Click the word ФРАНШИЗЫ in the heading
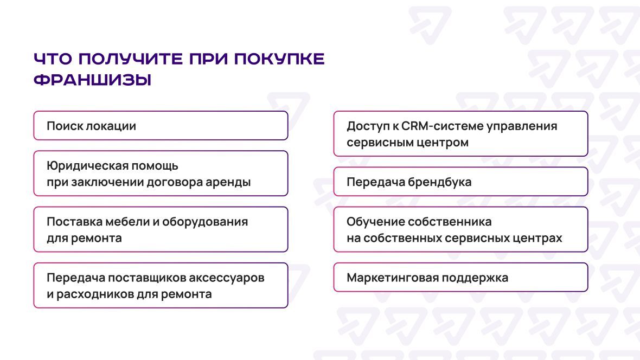(x=93, y=80)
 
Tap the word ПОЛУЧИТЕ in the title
(x=131, y=59)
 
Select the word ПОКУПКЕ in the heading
(x=279, y=59)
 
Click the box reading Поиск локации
(x=161, y=126)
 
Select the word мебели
(x=127, y=222)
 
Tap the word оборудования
(x=205, y=222)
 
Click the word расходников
(x=94, y=294)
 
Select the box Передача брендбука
(x=461, y=182)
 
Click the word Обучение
(x=375, y=222)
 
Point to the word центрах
(x=538, y=239)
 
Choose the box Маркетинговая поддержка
(x=461, y=277)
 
